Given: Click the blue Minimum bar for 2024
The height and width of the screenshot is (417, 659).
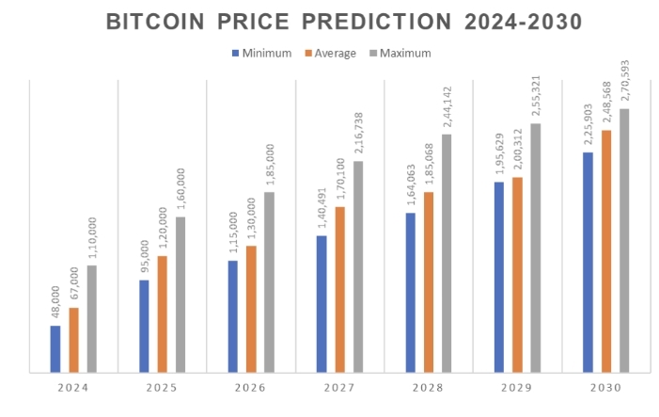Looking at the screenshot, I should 55,349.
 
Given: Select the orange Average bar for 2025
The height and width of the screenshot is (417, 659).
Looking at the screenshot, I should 162,314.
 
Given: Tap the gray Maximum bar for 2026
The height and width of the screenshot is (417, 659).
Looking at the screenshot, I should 270,282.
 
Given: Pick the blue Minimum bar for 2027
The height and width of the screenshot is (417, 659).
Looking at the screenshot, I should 322,304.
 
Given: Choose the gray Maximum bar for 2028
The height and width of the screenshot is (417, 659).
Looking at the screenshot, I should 447,253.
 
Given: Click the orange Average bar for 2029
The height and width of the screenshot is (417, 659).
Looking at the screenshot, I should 517,275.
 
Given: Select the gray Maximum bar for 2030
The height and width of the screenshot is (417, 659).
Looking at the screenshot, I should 624,241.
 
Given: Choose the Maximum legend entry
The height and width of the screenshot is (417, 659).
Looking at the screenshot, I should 399,53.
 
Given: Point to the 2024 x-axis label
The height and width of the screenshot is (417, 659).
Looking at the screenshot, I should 73,388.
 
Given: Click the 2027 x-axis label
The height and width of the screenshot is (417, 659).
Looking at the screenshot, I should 339,388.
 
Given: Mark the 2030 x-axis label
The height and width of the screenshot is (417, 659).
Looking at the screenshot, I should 606,388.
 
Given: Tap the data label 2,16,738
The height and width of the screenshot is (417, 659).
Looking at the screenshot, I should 358,135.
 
